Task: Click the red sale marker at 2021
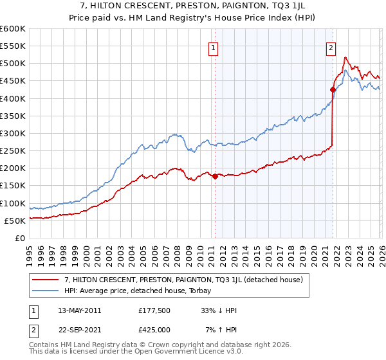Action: tap(333, 89)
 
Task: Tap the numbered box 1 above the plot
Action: tap(213, 47)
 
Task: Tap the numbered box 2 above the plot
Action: tap(331, 47)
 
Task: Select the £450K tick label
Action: tap(13, 81)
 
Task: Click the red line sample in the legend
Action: tap(47, 280)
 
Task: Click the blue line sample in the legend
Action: tap(47, 291)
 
